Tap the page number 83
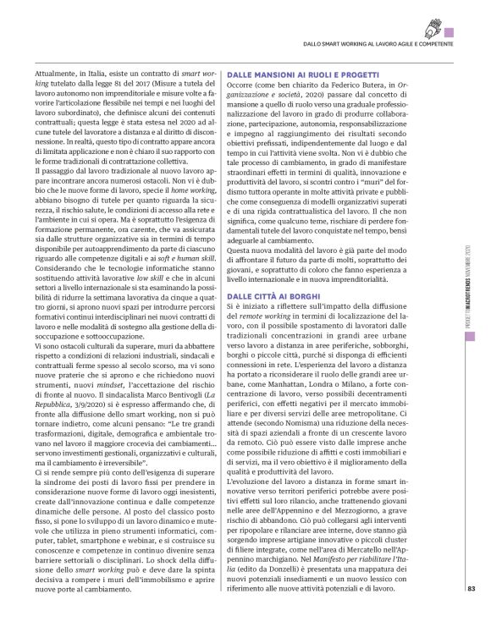click(471, 613)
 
